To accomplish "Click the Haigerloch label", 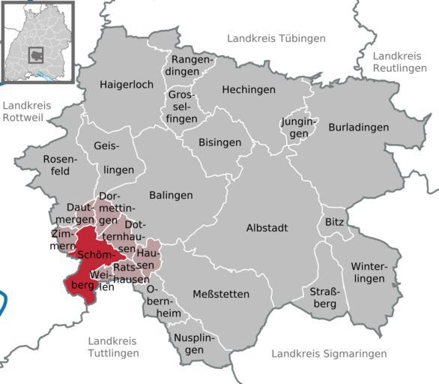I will (127, 85).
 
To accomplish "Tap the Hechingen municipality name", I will (249, 89).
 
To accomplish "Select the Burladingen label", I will (358, 127).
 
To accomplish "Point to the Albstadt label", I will (267, 227).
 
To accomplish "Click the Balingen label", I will (171, 195).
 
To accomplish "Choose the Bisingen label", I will (220, 142).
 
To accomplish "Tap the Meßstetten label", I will (221, 294).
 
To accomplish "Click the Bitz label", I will (333, 223).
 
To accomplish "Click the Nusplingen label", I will (189, 343).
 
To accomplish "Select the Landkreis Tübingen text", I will (276, 38).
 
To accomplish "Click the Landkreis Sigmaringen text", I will (329, 353).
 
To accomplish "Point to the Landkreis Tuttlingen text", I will (113, 346).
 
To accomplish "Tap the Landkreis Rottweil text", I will (26, 111).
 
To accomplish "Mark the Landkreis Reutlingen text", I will (398, 61).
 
